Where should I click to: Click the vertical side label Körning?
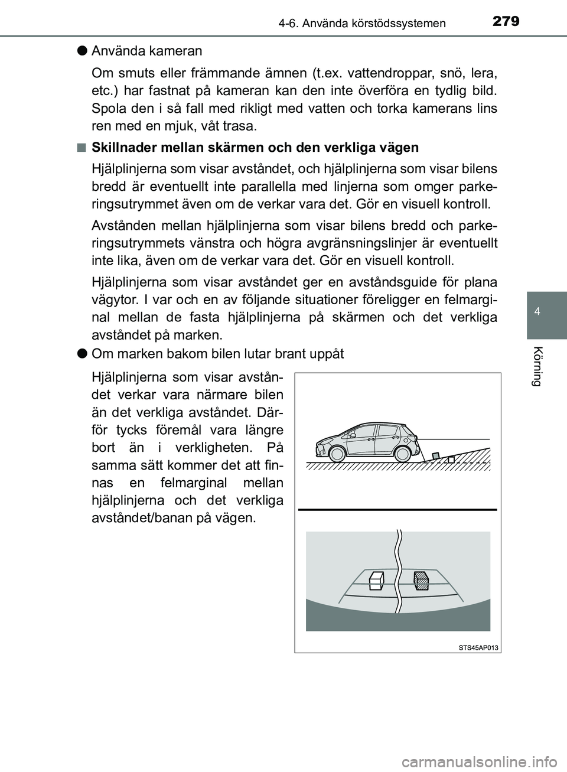(536, 367)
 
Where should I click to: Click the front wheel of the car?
(337, 454)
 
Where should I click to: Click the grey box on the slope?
(435, 456)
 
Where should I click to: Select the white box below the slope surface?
(451, 460)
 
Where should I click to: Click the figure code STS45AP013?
(478, 648)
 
